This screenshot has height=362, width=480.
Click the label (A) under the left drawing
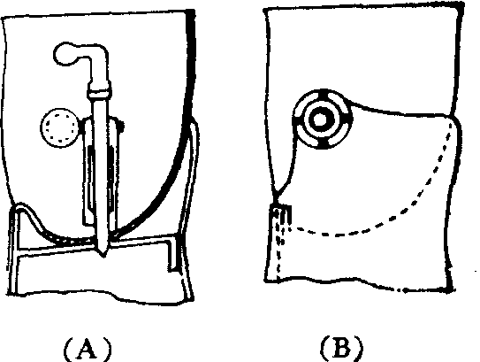[x=88, y=350]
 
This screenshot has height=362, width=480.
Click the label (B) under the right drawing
[x=341, y=349]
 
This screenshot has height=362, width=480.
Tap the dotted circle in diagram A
[x=60, y=127]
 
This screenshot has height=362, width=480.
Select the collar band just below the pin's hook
[x=99, y=92]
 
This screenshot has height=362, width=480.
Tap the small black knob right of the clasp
[x=121, y=126]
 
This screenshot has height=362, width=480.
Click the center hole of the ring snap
[x=321, y=119]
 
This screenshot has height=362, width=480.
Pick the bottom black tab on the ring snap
[x=323, y=144]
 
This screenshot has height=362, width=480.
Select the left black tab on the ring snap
[x=296, y=120]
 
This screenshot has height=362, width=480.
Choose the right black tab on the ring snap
[x=348, y=118]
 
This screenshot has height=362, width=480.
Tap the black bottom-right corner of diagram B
[x=449, y=283]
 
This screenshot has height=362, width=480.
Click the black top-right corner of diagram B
[x=459, y=9]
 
